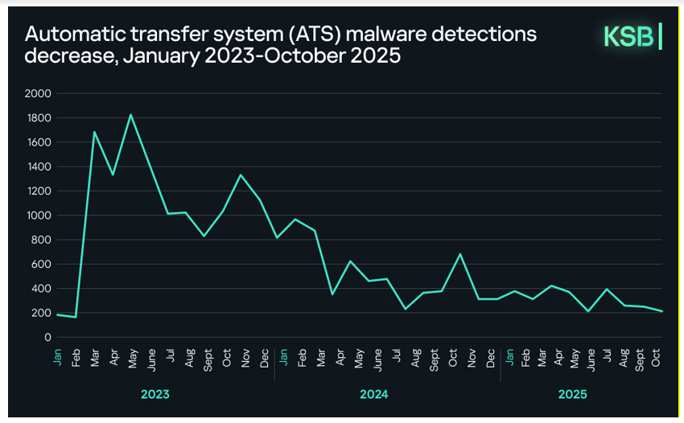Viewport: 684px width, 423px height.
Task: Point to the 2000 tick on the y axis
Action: [x=39, y=94]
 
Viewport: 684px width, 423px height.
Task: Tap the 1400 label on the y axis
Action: [x=39, y=167]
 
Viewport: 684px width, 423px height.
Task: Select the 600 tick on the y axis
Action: [x=42, y=265]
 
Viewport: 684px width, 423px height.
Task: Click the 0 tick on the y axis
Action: [x=48, y=338]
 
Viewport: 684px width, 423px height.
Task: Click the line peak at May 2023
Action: [x=131, y=114]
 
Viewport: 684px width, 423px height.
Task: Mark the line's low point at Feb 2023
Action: [x=76, y=317]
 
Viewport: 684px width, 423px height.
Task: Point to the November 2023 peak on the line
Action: [x=241, y=175]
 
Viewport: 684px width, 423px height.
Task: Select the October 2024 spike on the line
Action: [x=459, y=254]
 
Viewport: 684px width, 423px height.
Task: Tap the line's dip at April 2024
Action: [x=332, y=294]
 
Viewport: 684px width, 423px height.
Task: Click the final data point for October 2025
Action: [x=661, y=311]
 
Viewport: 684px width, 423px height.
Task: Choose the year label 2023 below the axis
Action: [x=155, y=395]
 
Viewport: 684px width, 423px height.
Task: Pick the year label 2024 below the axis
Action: [x=374, y=395]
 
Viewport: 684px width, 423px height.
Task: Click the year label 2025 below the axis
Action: [x=572, y=395]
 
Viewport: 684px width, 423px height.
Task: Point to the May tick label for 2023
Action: [x=131, y=358]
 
